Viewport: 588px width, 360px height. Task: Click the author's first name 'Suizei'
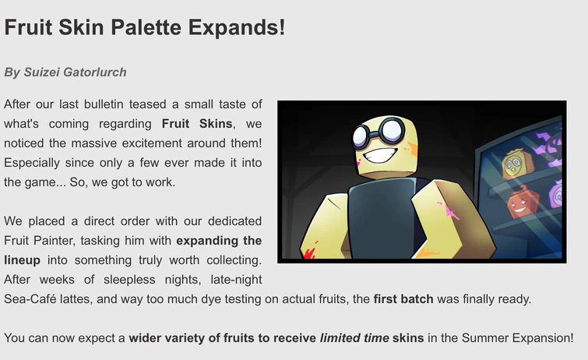point(40,72)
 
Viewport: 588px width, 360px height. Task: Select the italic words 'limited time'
point(354,337)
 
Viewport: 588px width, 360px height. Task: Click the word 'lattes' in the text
point(78,298)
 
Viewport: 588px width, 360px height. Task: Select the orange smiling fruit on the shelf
point(519,205)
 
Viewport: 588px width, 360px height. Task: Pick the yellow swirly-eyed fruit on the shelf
point(513,164)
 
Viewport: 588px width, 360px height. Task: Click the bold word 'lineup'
point(22,259)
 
